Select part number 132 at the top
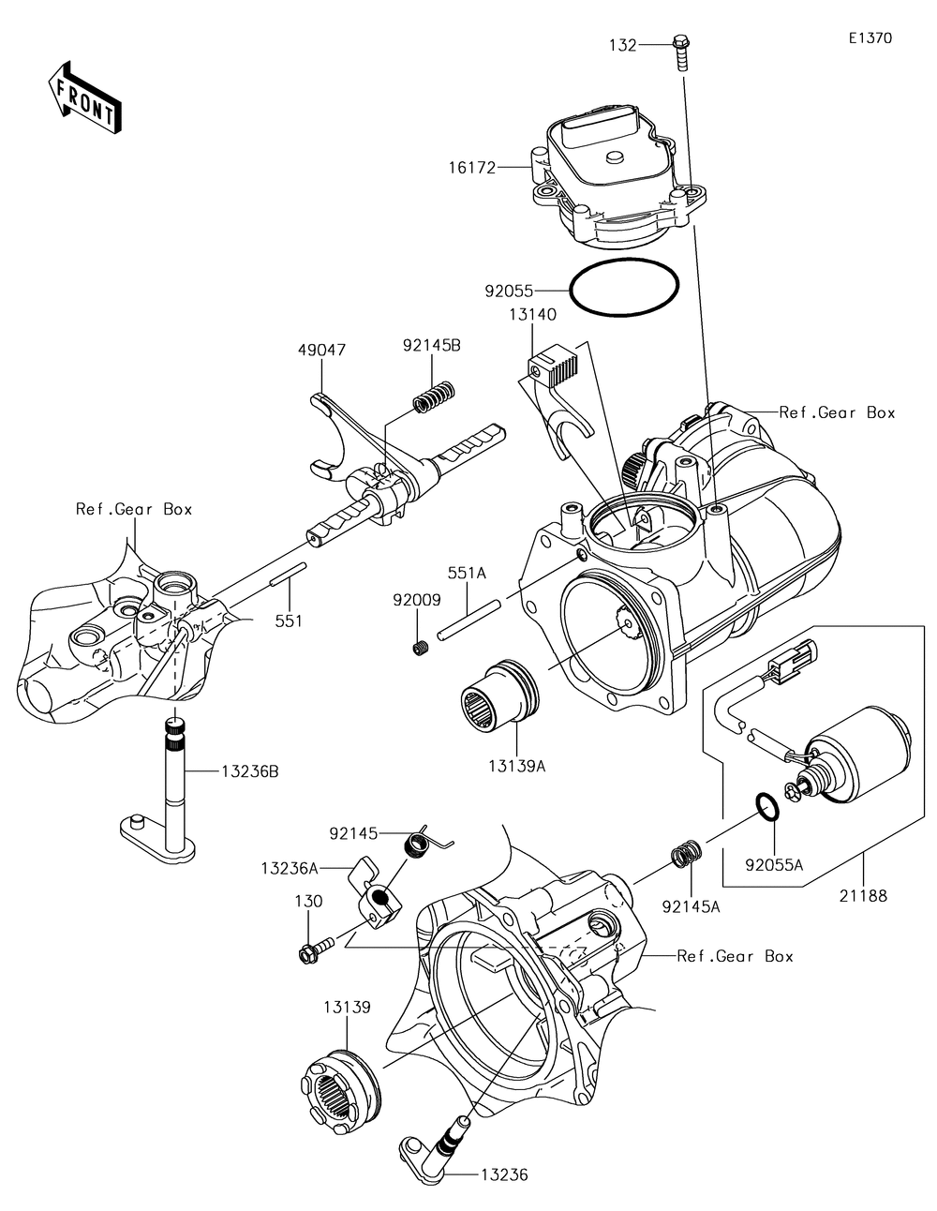623,44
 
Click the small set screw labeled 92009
421,647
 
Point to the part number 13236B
249,771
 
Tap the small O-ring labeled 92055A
764,807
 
